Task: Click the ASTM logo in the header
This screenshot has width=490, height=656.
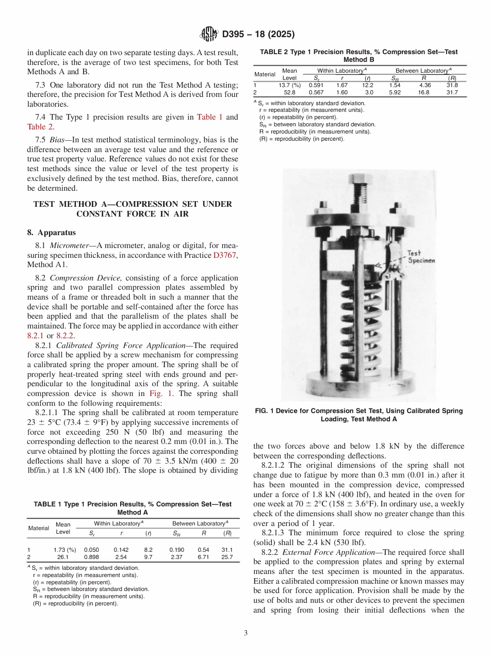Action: [209, 35]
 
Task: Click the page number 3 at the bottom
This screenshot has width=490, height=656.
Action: [246, 632]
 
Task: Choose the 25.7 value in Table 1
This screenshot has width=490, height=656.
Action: [226, 557]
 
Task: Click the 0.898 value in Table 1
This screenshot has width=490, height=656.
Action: [91, 557]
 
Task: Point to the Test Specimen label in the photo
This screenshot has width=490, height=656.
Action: [420, 257]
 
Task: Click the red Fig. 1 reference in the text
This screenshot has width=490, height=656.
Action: [159, 394]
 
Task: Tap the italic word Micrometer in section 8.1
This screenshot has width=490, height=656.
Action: [69, 246]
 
